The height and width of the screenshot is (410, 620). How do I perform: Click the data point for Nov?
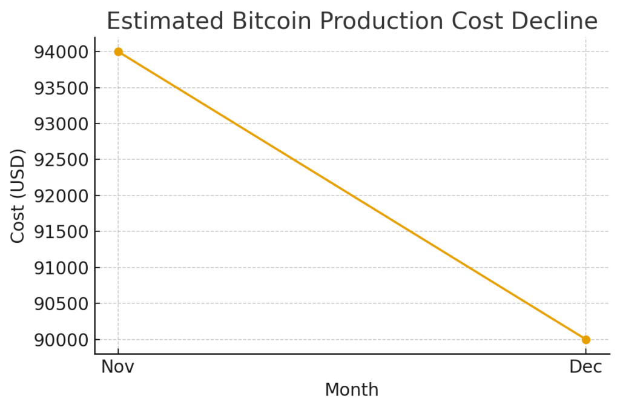click(x=118, y=52)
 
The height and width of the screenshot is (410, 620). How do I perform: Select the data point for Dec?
click(x=585, y=340)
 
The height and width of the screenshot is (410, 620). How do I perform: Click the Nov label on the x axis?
click(x=118, y=367)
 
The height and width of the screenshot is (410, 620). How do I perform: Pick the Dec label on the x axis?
click(x=585, y=367)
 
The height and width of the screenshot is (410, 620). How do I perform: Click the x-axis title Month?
click(x=352, y=390)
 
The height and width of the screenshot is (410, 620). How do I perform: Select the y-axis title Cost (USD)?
click(x=18, y=196)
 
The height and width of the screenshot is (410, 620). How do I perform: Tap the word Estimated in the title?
click(x=165, y=22)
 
